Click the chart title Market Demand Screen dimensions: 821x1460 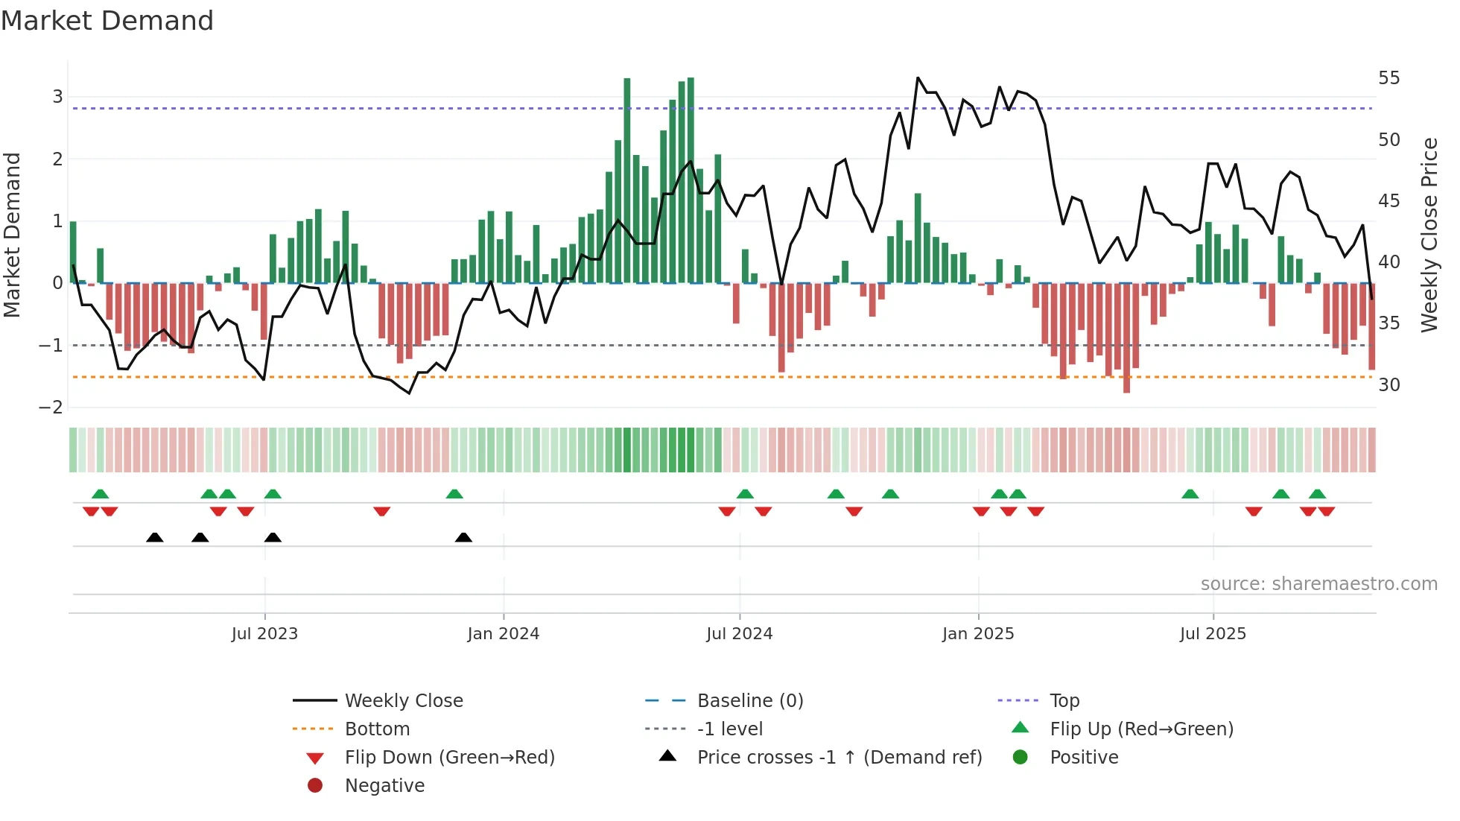pyautogui.click(x=107, y=21)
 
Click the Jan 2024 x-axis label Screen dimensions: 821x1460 pyautogui.click(x=503, y=634)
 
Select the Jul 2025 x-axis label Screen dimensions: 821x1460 pyautogui.click(x=1212, y=634)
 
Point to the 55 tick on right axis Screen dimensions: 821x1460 pyautogui.click(x=1388, y=78)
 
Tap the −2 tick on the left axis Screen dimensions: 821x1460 pyautogui.click(x=51, y=408)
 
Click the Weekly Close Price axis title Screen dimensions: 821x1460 pyautogui.click(x=1429, y=235)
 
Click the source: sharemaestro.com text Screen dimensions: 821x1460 pyautogui.click(x=1318, y=584)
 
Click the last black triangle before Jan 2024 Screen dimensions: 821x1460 pyautogui.click(x=463, y=537)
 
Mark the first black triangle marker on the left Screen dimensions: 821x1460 pyautogui.click(x=154, y=537)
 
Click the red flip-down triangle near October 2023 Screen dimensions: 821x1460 pyautogui.click(x=381, y=511)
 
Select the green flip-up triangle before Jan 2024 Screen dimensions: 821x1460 pyautogui.click(x=454, y=494)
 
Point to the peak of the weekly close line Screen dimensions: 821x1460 pyautogui.click(x=918, y=77)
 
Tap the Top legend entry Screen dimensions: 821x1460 pyautogui.click(x=1064, y=701)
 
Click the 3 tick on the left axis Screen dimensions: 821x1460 pyautogui.click(x=57, y=97)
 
